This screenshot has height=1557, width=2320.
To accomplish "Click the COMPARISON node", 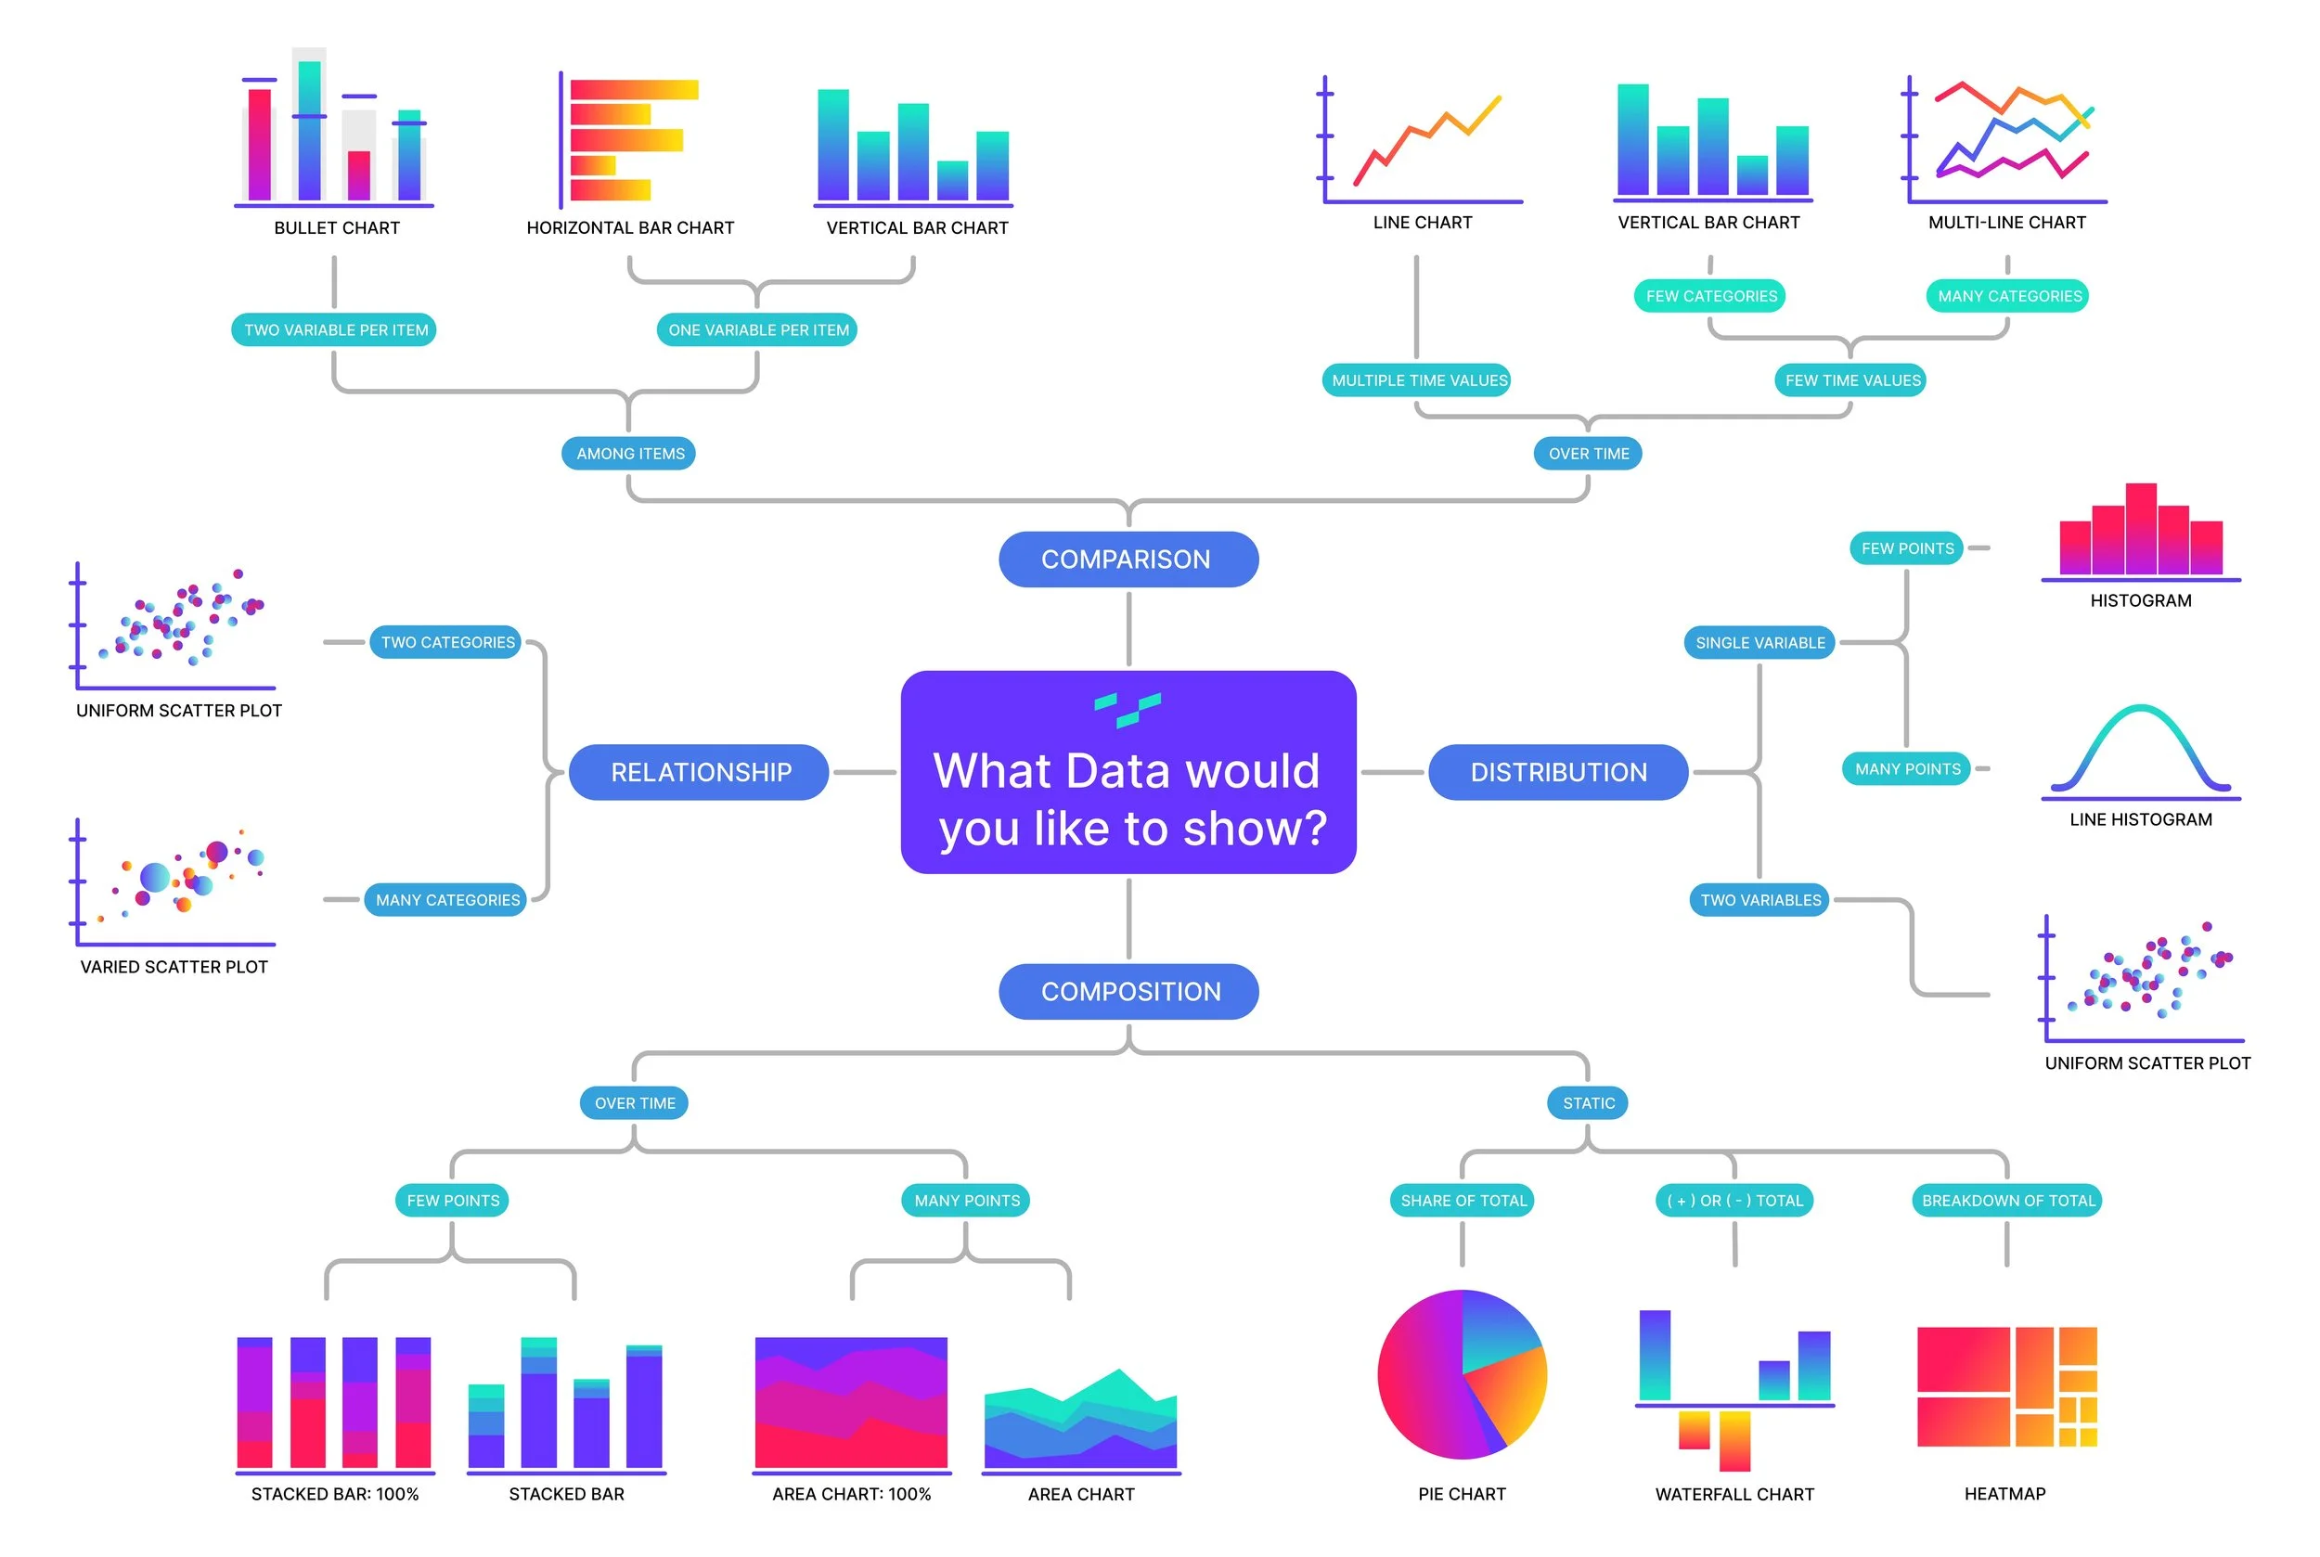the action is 1128,559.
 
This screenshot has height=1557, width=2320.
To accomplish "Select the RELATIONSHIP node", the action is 699,772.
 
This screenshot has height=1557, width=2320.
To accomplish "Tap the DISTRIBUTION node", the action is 1557,772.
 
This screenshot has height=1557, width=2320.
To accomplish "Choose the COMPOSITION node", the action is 1128,991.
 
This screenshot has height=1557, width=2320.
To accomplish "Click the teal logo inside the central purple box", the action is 1128,709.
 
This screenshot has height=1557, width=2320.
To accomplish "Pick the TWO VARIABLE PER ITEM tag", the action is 334,329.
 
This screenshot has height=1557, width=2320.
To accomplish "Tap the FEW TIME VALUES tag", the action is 1850,380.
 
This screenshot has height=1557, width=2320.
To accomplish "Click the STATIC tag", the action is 1587,1102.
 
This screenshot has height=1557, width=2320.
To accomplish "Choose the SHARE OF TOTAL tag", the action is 1462,1200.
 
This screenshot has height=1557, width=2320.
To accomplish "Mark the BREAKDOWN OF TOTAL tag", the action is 2006,1200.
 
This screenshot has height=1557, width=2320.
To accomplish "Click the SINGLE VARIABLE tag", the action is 1759,642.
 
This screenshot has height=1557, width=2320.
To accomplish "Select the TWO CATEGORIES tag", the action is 447,642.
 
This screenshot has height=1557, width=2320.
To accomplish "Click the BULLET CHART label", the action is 337,227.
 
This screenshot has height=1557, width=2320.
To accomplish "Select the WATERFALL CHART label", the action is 1734,1494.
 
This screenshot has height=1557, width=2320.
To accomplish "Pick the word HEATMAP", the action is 2004,1494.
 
